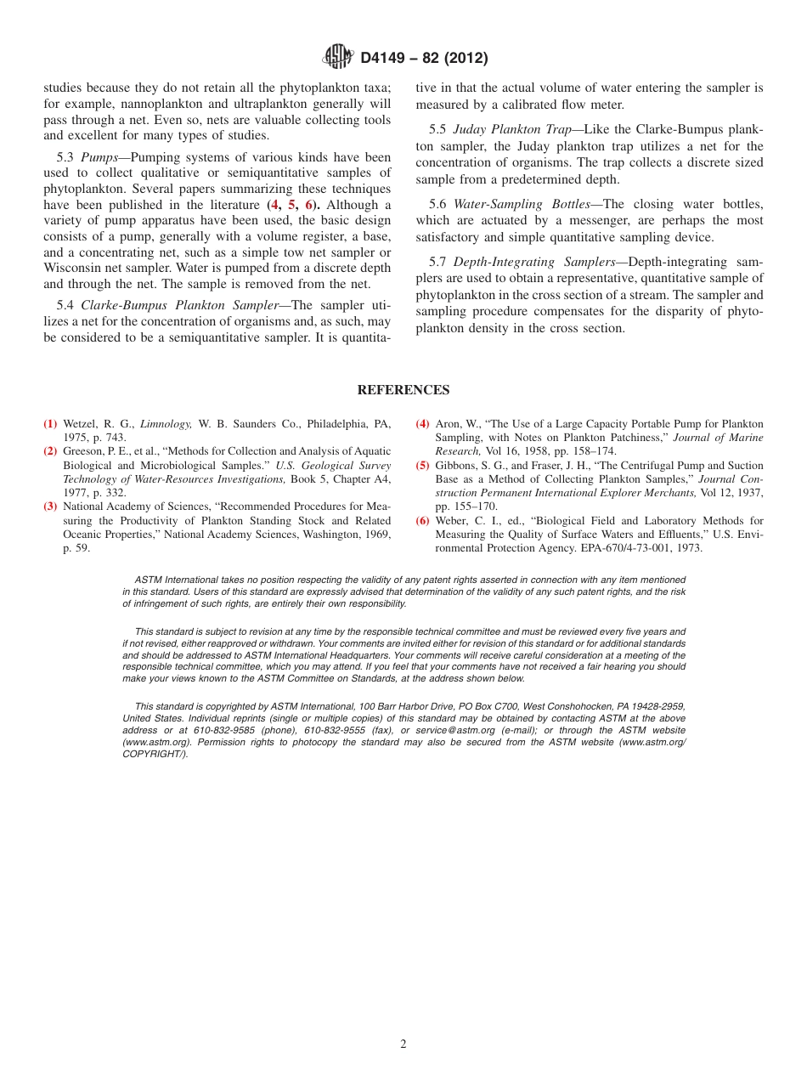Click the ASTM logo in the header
[x=337, y=58]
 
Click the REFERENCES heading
[x=403, y=390]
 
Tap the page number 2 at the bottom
[x=403, y=1044]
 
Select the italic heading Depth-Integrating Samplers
[x=534, y=262]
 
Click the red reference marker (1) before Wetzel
[x=51, y=424]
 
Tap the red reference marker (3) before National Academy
[x=51, y=507]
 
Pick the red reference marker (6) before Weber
[x=423, y=521]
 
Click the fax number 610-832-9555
[x=335, y=730]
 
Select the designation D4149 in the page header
[x=387, y=59]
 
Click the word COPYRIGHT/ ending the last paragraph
[x=155, y=754]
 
